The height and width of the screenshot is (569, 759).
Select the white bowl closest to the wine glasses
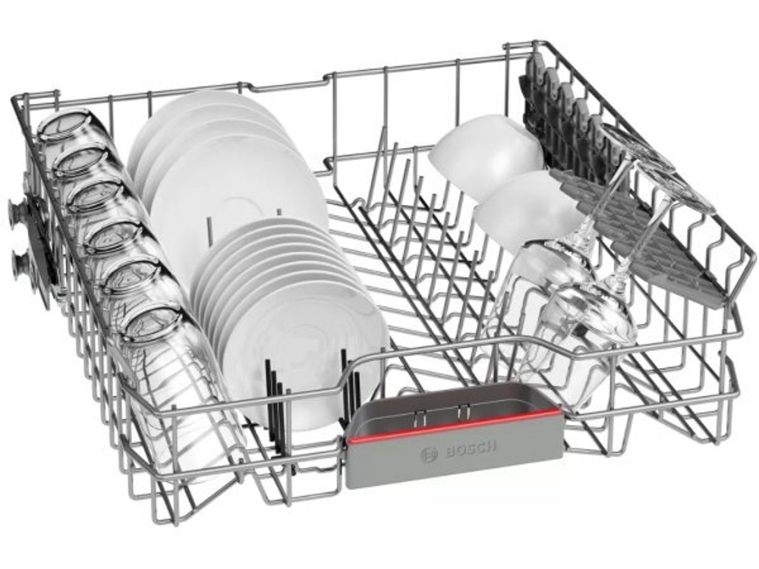[525, 208]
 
